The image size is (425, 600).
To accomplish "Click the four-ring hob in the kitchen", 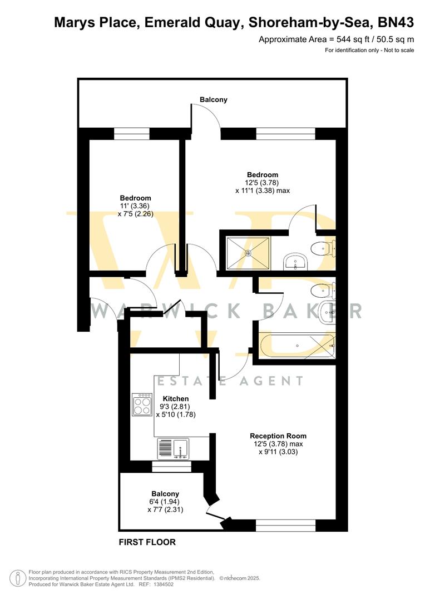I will pyautogui.click(x=142, y=404).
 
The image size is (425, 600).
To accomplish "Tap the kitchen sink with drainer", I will pyautogui.click(x=173, y=449).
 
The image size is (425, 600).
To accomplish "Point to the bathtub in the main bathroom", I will pyautogui.click(x=296, y=346).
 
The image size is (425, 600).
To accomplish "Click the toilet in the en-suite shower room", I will pyautogui.click(x=323, y=247).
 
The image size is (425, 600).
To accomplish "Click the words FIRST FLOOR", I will pyautogui.click(x=147, y=542).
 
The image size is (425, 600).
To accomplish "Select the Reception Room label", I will pyautogui.click(x=278, y=436).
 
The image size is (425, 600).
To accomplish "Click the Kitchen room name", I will pyautogui.click(x=175, y=398).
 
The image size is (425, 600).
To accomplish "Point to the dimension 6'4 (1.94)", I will pyautogui.click(x=165, y=501).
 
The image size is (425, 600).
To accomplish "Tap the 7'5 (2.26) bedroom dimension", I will pyautogui.click(x=135, y=213).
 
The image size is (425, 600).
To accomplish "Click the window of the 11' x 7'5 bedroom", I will pyautogui.click(x=132, y=133).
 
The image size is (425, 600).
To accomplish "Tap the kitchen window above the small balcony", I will pyautogui.click(x=171, y=467).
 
